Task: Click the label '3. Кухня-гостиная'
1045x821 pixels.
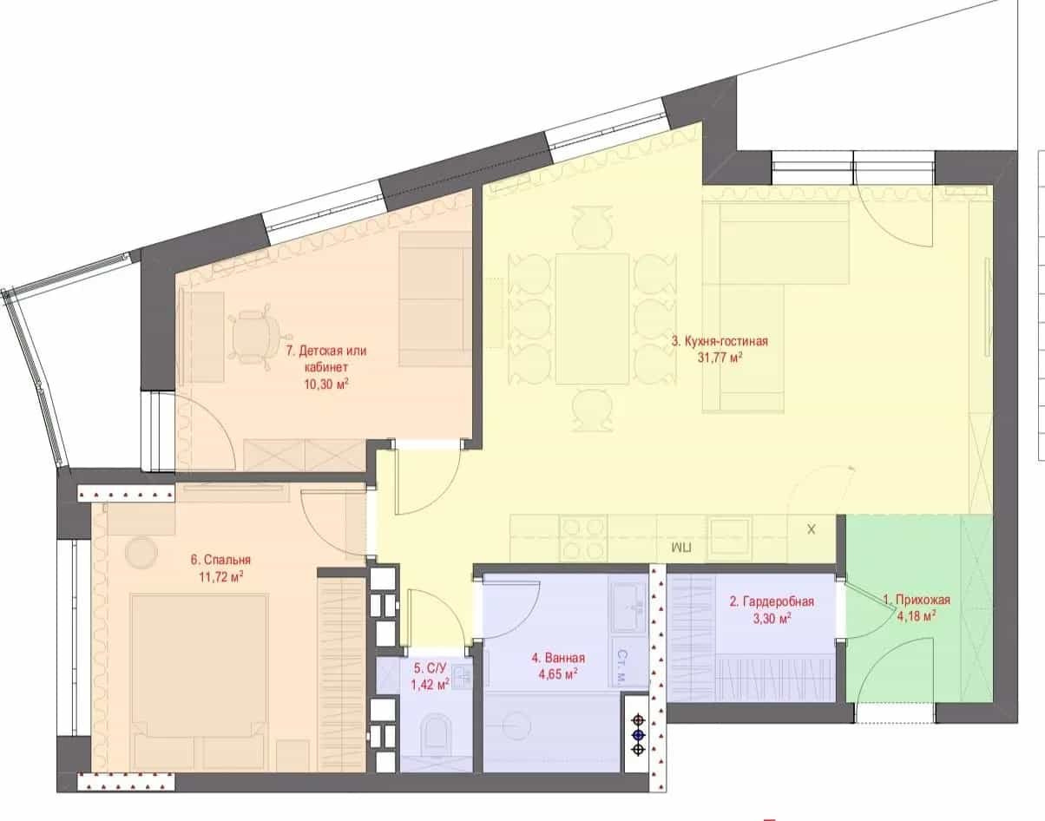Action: [x=720, y=342]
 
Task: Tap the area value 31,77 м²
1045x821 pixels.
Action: [x=720, y=358]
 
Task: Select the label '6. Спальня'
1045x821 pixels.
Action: [x=220, y=560]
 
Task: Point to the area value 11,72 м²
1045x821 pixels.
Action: [x=221, y=576]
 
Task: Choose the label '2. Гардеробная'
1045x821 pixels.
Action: [x=772, y=601]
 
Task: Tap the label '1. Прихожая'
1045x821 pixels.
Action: [x=917, y=600]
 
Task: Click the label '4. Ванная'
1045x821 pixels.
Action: [x=558, y=658]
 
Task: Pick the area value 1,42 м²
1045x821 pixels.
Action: [x=430, y=684]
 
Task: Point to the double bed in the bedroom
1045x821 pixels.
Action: [x=199, y=682]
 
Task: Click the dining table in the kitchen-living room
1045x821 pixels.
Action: [x=592, y=319]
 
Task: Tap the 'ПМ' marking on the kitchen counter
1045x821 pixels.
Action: [x=681, y=547]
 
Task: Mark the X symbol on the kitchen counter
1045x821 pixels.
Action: [x=812, y=529]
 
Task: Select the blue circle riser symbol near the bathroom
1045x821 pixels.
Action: [x=638, y=735]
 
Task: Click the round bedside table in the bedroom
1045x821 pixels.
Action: [x=141, y=552]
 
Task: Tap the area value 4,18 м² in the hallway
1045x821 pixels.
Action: [x=917, y=616]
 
